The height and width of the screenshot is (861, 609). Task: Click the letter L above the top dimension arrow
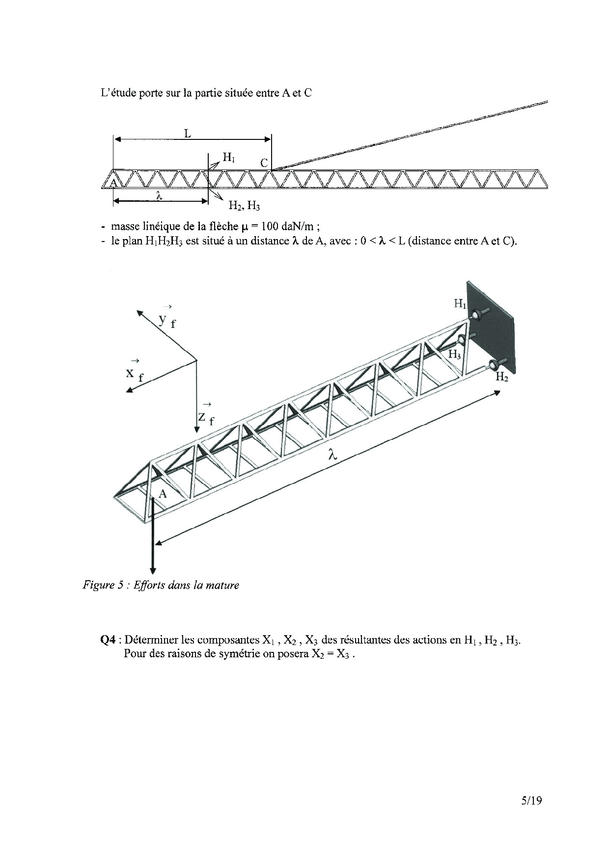click(x=188, y=133)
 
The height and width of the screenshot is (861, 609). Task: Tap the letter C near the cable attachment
click(x=264, y=163)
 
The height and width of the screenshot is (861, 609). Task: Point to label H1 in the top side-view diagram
click(x=229, y=158)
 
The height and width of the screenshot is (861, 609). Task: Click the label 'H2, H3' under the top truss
click(x=244, y=206)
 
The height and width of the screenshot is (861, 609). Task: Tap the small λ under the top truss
click(x=159, y=195)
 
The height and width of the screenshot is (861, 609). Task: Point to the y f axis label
click(x=167, y=320)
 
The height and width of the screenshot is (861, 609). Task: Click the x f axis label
click(x=134, y=374)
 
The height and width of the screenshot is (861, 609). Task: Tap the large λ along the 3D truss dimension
click(x=333, y=455)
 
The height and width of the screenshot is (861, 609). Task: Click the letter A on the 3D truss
click(x=163, y=494)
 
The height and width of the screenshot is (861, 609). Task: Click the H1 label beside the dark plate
click(x=460, y=304)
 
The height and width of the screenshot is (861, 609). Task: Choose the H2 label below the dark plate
click(x=501, y=377)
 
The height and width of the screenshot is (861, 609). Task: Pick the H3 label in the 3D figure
click(x=454, y=354)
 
